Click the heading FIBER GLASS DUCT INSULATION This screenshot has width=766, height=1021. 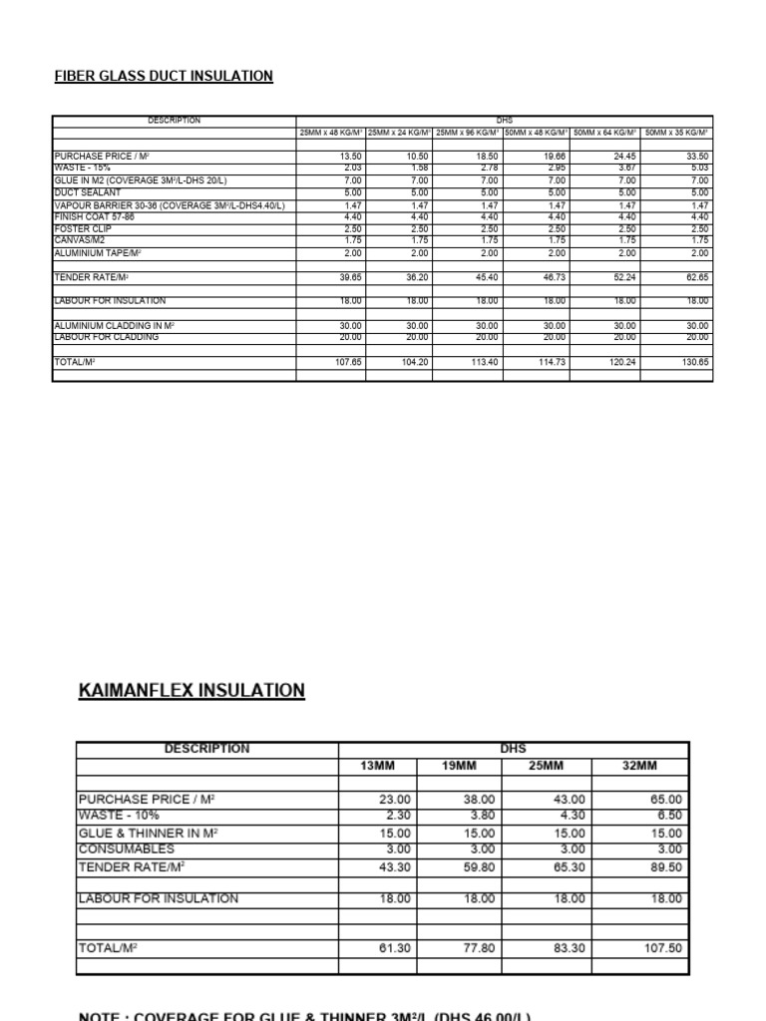coord(164,76)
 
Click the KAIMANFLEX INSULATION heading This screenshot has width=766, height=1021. coord(191,691)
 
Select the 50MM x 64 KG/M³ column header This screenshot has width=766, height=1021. coord(605,133)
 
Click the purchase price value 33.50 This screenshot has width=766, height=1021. coord(697,157)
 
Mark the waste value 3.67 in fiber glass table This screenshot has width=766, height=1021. coord(626,169)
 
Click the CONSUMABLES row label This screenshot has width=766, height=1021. coord(126,849)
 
